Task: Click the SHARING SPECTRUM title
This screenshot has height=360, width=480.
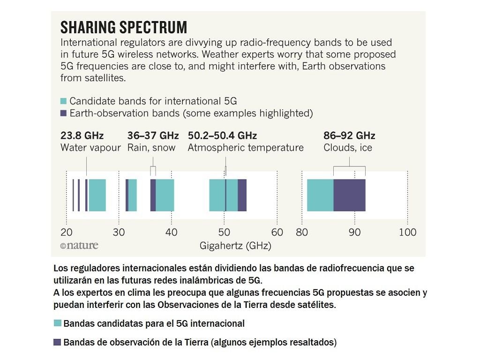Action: pos(124,27)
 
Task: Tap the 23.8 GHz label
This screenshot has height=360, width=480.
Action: pos(82,136)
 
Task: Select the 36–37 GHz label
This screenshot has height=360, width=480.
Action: pos(153,136)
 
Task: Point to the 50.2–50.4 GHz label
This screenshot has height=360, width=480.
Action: pos(222,136)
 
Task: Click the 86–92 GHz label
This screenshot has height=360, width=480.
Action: pos(349,136)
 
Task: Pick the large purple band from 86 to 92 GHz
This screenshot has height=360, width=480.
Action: pos(349,195)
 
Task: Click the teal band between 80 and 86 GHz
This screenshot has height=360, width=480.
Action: pos(320,195)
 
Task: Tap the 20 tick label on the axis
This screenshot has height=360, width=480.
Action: pos(67,232)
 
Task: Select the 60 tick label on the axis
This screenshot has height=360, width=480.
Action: pos(277,232)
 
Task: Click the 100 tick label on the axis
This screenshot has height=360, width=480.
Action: pos(407,232)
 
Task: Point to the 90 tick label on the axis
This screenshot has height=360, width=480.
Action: pos(354,232)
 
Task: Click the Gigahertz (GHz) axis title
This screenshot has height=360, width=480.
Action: pos(235,246)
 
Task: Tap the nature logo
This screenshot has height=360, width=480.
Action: pos(79,245)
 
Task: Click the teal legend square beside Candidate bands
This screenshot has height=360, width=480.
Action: pos(63,101)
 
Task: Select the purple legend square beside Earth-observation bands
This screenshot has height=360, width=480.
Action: pos(63,113)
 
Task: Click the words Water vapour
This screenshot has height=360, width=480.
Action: pos(90,148)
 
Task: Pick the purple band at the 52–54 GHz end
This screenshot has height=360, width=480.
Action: pos(242,195)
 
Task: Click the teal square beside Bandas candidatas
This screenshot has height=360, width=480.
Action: pos(58,323)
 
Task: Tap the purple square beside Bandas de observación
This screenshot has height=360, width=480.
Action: pos(58,342)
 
